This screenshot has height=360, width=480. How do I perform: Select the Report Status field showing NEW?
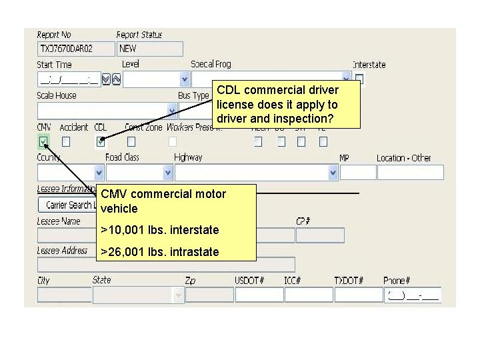149,49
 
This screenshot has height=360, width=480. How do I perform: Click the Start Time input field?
69,79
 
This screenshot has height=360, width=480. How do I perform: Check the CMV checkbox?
44,141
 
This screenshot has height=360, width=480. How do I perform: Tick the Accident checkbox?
66,141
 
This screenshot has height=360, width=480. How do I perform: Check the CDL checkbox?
101,141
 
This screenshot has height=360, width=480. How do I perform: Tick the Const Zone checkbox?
131,141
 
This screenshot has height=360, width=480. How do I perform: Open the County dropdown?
99,173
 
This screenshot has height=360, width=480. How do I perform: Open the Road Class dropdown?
167,173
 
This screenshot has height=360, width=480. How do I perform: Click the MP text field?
358,173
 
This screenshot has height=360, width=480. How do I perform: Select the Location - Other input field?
410,173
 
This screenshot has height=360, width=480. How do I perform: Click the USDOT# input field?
259,295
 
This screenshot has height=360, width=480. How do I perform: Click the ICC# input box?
308,295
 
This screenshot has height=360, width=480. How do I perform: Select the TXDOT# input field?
357,295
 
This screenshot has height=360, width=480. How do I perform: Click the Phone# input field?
412,295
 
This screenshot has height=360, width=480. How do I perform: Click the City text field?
63,295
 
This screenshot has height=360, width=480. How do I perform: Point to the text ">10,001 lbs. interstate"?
159,230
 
